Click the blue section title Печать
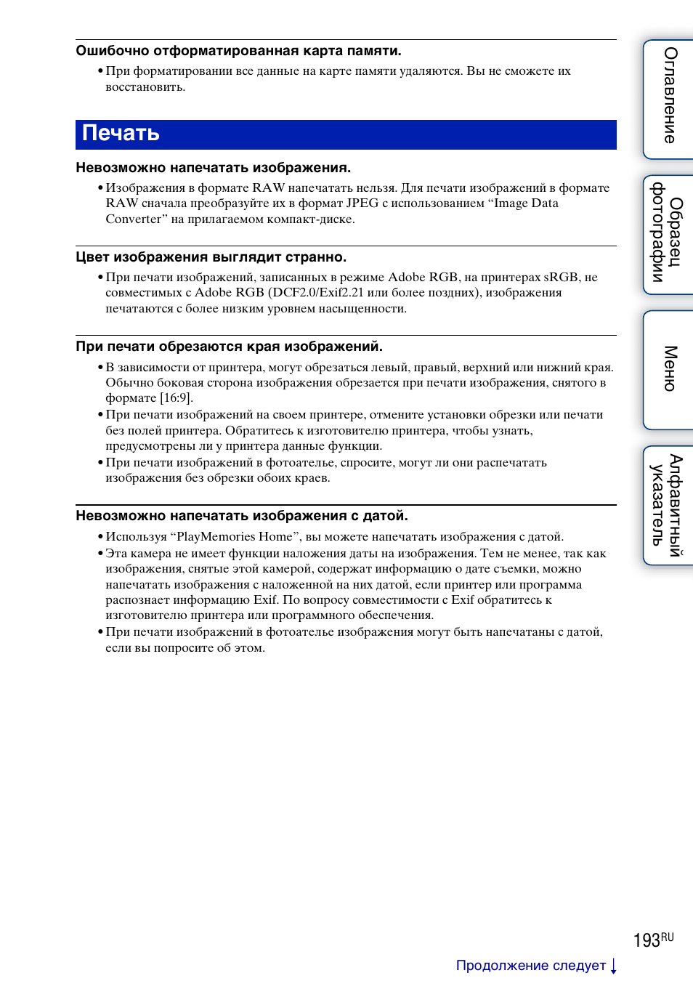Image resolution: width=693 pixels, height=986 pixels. tap(121, 134)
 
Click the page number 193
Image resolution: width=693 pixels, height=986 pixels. tap(646, 941)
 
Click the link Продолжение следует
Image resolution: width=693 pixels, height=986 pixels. tap(530, 966)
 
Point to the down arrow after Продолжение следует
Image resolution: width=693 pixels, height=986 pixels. tap(614, 966)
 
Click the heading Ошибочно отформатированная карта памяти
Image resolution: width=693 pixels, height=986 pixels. tap(238, 51)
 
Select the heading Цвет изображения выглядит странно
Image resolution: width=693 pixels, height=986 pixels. tap(211, 257)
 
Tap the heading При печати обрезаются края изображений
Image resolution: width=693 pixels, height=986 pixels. tap(229, 347)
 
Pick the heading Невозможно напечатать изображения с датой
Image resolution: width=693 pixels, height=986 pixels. tap(241, 516)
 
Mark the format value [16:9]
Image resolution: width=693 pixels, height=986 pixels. tap(176, 398)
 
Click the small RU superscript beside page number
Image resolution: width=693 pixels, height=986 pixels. tap(668, 937)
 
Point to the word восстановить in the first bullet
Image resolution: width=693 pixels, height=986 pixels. tap(145, 87)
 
